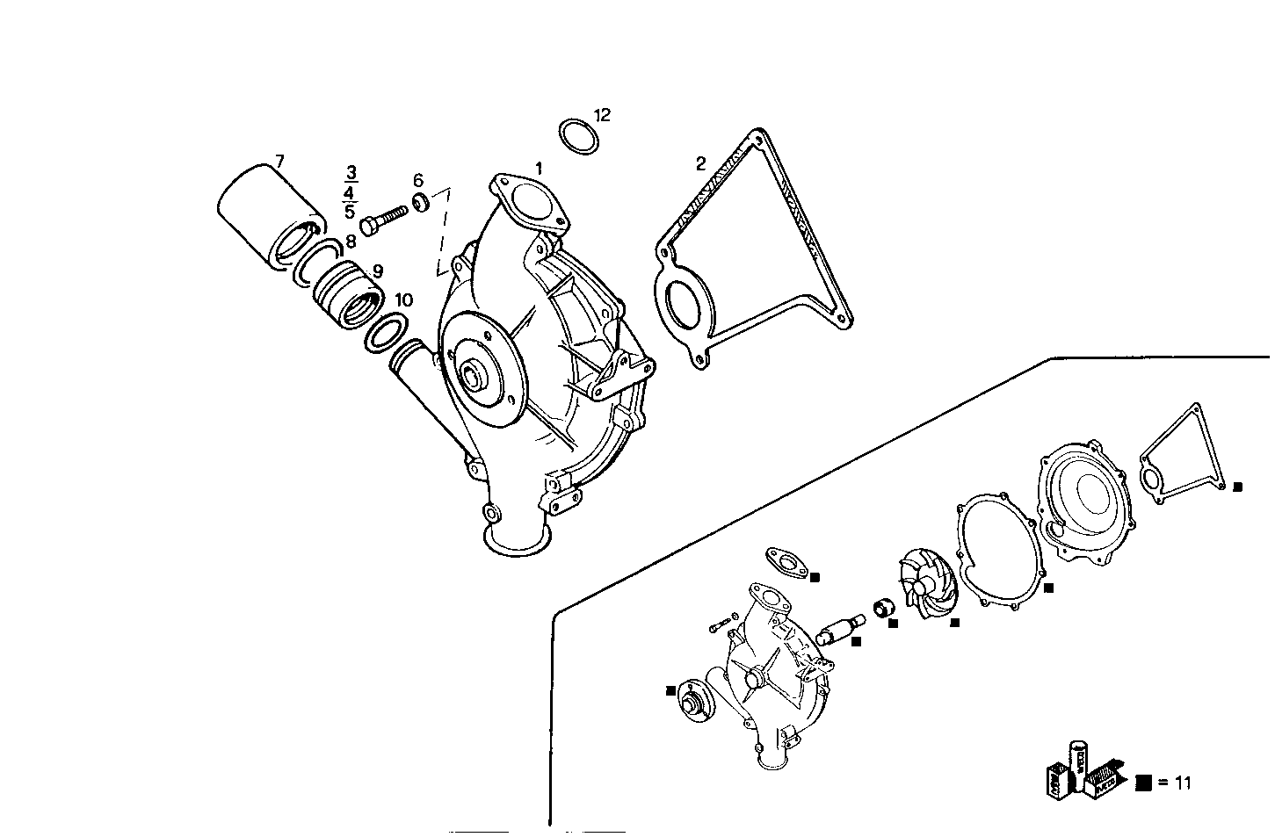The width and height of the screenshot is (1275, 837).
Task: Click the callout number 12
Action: [x=602, y=115]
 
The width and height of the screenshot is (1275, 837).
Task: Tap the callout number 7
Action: [x=279, y=161]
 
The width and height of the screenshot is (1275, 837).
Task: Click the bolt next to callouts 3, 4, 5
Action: [x=383, y=215]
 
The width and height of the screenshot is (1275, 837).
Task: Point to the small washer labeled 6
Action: [x=421, y=202]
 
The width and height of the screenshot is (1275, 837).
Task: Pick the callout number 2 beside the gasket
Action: [x=700, y=163]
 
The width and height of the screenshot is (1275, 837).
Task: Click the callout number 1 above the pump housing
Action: [x=539, y=168]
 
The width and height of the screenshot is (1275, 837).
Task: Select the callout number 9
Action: [x=378, y=271]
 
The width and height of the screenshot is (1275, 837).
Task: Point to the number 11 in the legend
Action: [x=1183, y=783]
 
